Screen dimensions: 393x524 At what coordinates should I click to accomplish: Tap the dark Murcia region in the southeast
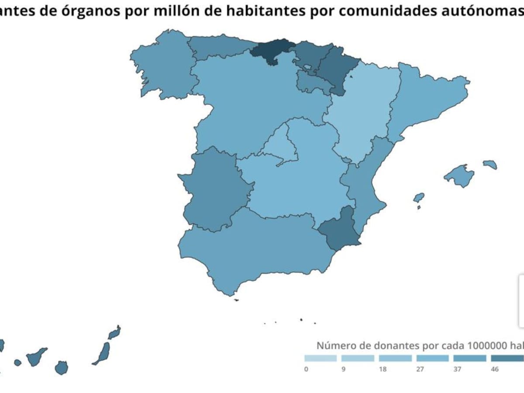[x=338, y=234]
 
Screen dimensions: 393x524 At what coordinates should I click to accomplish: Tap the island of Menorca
[x=490, y=165]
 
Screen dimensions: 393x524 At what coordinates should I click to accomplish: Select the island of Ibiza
[x=419, y=197]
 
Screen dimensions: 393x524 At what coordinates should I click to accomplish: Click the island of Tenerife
[x=36, y=357]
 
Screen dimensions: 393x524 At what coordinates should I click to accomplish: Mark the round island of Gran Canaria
[x=62, y=368]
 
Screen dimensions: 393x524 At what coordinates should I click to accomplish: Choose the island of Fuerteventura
[x=103, y=353]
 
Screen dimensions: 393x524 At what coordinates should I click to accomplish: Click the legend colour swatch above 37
[x=470, y=359]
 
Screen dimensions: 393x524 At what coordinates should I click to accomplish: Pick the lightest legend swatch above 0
[x=321, y=359]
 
